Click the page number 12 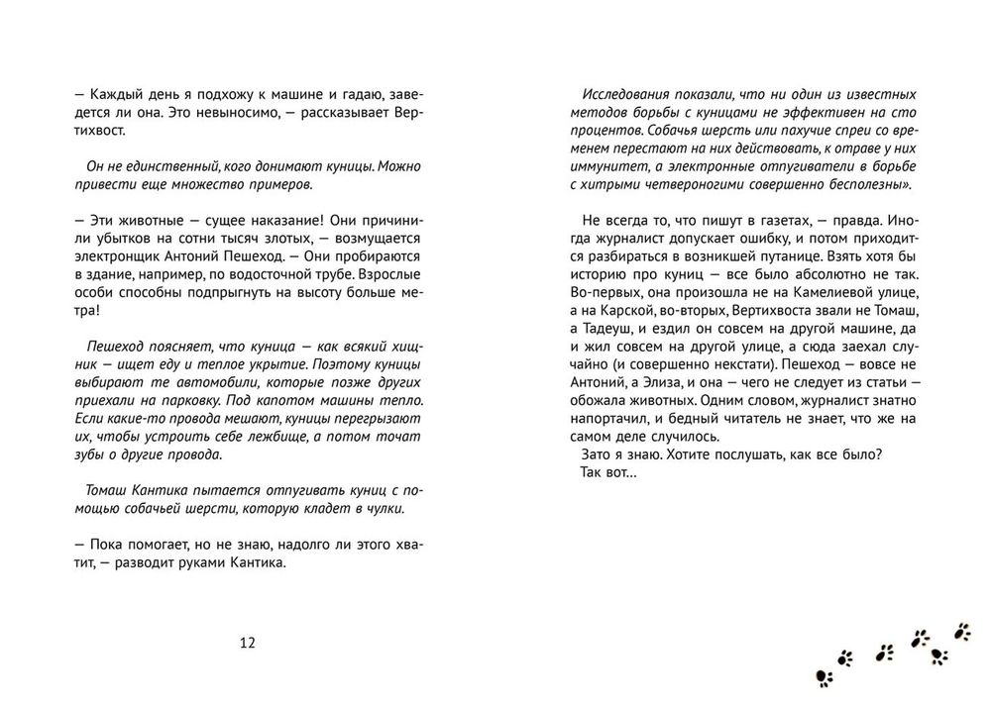tap(248, 643)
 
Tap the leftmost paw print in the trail tap(825, 677)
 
